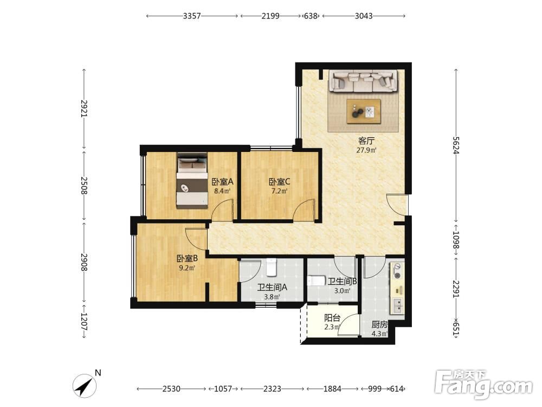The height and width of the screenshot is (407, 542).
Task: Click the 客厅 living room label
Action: click(x=366, y=141)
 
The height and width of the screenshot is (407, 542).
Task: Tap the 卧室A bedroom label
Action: click(x=223, y=181)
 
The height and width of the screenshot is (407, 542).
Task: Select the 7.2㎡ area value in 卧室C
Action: click(x=279, y=191)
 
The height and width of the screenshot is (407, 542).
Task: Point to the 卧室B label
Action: click(x=187, y=258)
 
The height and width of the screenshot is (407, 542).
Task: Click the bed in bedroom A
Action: click(x=192, y=181)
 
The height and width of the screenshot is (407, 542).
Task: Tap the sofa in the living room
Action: click(x=363, y=81)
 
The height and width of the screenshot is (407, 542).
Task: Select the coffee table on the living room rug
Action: click(x=364, y=111)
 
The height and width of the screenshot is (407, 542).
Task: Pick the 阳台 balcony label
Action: click(x=332, y=317)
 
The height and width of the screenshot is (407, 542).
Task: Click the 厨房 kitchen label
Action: click(x=379, y=325)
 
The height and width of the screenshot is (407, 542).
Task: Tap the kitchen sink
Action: click(x=398, y=306)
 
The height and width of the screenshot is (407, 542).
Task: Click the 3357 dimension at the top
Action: click(x=192, y=16)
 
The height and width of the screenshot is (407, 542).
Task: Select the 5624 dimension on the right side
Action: click(x=456, y=145)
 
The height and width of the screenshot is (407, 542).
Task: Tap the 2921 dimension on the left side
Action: click(x=84, y=109)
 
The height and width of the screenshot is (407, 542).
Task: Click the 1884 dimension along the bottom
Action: click(x=332, y=389)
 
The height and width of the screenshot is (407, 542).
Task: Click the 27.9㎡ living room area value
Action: click(x=366, y=150)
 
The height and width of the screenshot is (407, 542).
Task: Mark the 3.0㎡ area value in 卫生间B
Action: click(x=342, y=291)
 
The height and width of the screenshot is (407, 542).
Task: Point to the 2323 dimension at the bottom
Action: click(x=273, y=389)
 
